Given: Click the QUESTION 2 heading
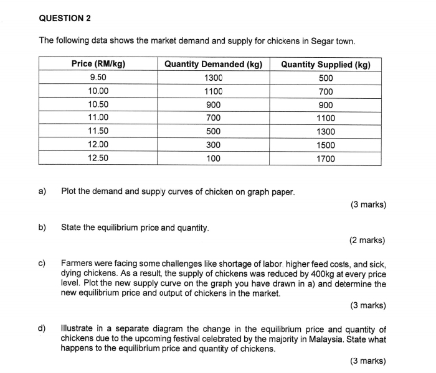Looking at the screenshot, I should point(65,18).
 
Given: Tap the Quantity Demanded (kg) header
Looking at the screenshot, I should point(213,64).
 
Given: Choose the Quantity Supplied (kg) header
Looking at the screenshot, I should point(326,64).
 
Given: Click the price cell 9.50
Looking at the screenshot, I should point(98,78).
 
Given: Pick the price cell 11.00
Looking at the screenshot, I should point(98,117).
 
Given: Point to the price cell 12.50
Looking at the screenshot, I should point(98,158).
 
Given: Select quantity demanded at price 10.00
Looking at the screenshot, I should point(213,91).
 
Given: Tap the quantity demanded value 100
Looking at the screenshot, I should point(213,158).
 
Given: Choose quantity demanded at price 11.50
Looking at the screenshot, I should point(213,131).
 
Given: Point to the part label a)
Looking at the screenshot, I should point(43,191).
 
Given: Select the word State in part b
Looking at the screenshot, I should point(72,228).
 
